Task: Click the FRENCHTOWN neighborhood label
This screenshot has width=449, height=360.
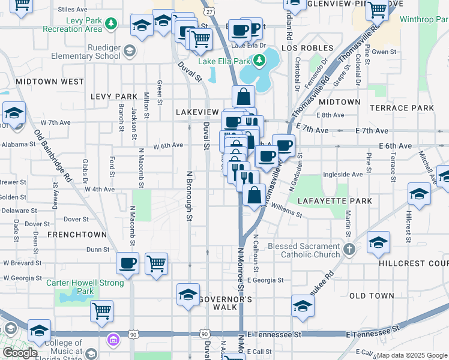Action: click(x=77, y=234)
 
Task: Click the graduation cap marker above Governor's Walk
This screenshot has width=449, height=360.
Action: click(x=188, y=295)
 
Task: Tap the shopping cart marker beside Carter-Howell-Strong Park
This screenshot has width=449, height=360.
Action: click(x=102, y=310)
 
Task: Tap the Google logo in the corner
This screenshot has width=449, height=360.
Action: click(x=20, y=353)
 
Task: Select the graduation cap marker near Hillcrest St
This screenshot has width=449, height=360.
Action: click(x=419, y=193)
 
